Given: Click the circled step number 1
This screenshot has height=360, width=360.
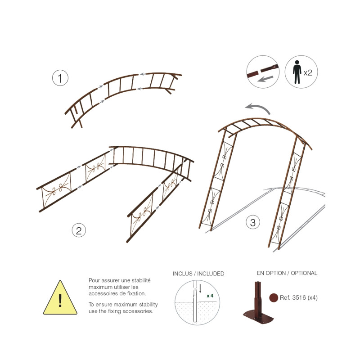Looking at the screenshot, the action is (60, 78).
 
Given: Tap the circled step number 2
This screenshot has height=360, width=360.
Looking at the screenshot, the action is (79, 230).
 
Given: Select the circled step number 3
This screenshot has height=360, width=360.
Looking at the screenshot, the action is (253, 222).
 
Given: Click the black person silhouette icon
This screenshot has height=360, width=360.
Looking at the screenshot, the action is (297, 72).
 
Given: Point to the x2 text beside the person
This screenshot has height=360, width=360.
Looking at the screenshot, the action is (308, 73).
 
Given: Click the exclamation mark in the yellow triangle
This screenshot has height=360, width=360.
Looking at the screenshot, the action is (60, 300).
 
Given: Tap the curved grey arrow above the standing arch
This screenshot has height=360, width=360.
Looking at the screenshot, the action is (257, 108).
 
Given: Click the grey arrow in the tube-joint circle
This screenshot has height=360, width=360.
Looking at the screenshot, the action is (265, 79).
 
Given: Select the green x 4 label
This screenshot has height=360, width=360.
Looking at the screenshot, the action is (210, 296).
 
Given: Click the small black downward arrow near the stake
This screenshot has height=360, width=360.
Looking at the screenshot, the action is (200, 288).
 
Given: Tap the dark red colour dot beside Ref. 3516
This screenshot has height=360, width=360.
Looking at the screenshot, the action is (274, 297).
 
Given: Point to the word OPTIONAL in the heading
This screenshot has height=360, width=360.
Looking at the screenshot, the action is (304, 273).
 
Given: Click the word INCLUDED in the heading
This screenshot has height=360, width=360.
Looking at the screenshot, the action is (211, 274).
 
